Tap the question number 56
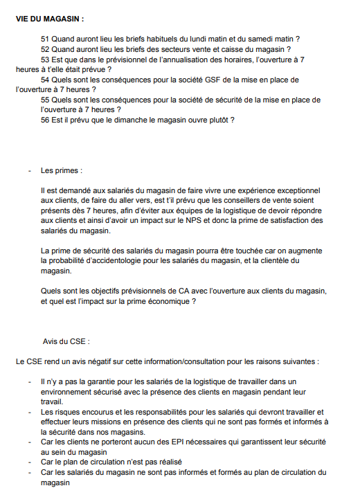[x=46, y=119]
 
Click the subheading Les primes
[x=61, y=170]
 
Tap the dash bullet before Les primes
[x=30, y=170]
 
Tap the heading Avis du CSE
[x=66, y=341]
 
